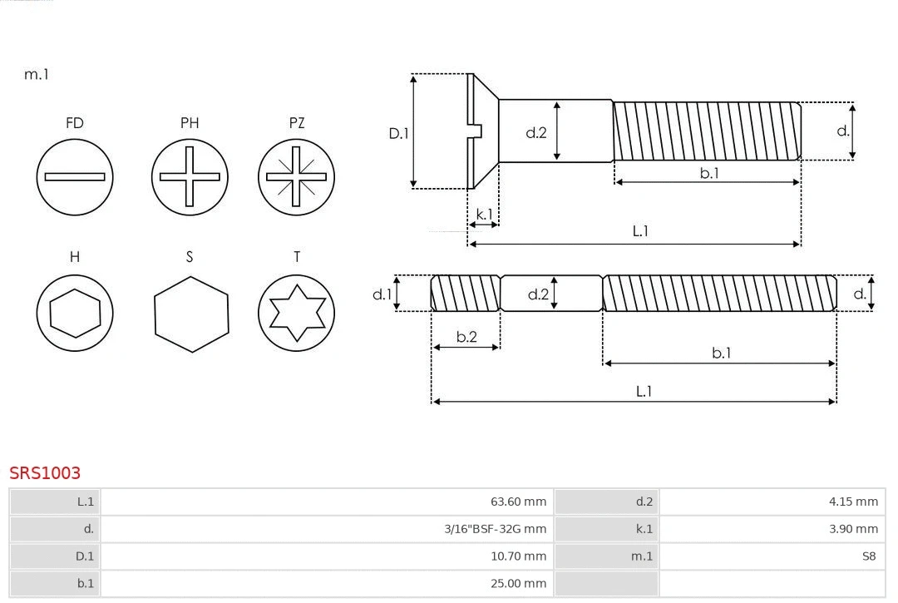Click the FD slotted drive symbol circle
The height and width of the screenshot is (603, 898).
(x=75, y=176)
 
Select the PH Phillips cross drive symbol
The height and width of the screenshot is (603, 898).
(x=190, y=176)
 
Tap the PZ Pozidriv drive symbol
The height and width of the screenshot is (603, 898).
(x=296, y=176)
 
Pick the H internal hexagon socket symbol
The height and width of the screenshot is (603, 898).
(x=75, y=314)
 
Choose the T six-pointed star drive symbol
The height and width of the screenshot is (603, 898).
(x=296, y=314)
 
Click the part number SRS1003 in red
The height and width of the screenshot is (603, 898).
(x=45, y=472)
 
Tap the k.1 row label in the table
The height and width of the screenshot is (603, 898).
(x=644, y=528)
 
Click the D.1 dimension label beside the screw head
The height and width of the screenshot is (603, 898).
(x=399, y=133)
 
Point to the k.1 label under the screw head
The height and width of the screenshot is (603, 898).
(x=484, y=214)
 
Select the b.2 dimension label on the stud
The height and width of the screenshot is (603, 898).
(x=466, y=337)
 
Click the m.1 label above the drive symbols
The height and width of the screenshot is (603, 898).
(x=37, y=74)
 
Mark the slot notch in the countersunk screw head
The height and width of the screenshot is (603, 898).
(x=476, y=131)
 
